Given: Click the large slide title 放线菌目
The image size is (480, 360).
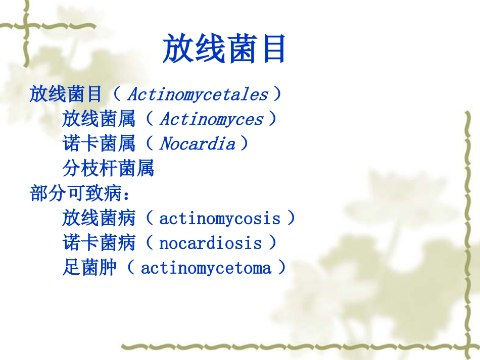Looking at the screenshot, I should (x=224, y=49).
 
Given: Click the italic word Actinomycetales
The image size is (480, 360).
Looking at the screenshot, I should (x=198, y=94).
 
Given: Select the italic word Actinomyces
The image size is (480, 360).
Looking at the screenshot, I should (x=211, y=120).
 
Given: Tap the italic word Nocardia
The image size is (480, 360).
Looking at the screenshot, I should (x=197, y=144).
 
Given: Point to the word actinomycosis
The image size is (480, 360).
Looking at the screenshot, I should (x=219, y=219).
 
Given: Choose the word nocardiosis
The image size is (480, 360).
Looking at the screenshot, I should (x=210, y=243).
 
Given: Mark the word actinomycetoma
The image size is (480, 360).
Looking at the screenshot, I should (x=206, y=268).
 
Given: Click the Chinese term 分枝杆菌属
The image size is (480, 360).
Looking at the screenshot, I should (x=108, y=169).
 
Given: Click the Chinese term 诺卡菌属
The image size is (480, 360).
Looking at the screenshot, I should (x=99, y=144).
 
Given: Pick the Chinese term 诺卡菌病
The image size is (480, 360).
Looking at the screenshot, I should (x=99, y=243).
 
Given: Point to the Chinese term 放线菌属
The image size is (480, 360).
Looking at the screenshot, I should (x=99, y=120).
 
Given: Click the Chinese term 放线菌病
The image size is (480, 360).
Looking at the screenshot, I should (x=99, y=219).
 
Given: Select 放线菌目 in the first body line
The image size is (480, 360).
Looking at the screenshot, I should (x=66, y=94).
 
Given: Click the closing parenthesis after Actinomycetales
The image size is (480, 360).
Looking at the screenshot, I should (x=276, y=94).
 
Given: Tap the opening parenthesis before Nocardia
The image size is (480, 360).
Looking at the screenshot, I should (x=150, y=144).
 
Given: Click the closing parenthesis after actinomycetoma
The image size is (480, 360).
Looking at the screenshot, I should (x=281, y=268).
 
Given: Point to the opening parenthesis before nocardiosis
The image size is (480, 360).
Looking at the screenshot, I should (x=150, y=243).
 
